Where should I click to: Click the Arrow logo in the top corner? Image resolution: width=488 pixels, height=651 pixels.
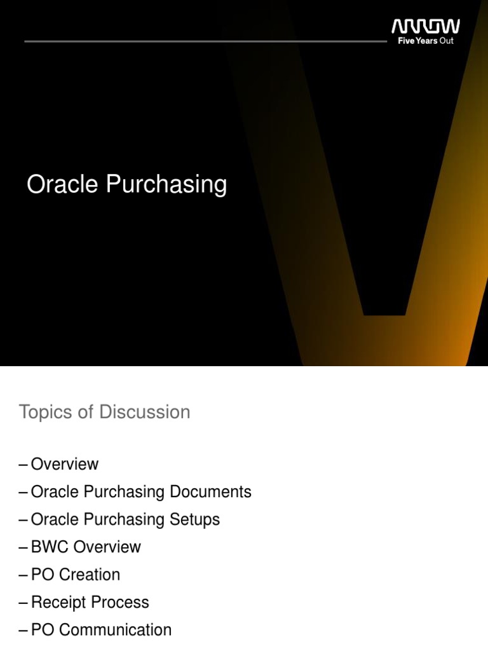(x=425, y=27)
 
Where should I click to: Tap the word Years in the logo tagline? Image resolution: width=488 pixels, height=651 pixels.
(x=426, y=41)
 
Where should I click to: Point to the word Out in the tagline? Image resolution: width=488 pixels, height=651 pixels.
(x=447, y=41)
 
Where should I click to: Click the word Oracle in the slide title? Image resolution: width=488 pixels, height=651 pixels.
(x=62, y=185)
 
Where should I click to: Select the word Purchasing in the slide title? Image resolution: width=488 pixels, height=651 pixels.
(x=166, y=186)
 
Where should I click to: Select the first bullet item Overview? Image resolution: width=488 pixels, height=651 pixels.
(x=65, y=464)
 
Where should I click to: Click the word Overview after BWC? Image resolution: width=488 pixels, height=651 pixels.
(x=107, y=547)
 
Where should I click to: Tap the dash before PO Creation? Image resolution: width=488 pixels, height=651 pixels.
(x=24, y=575)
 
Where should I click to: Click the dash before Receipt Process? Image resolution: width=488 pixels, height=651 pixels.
(x=24, y=603)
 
